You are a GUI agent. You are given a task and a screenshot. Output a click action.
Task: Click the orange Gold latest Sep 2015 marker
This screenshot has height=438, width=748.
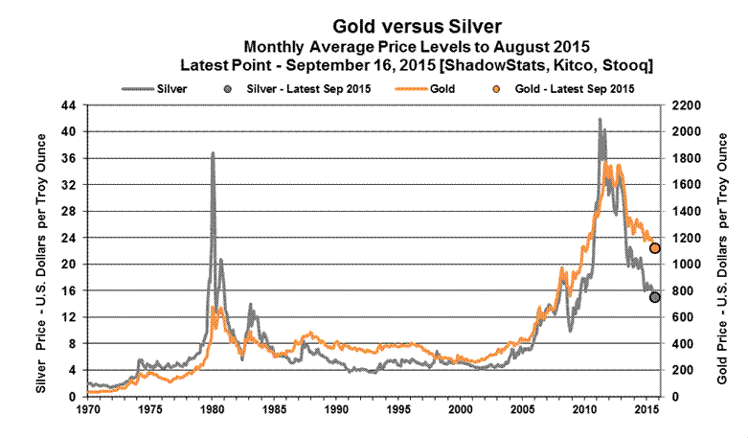pos(655,248)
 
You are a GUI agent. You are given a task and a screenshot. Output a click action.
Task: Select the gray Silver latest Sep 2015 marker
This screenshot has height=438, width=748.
pos(655,297)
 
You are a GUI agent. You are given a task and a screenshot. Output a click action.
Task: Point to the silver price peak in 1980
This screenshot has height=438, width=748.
pos(212,153)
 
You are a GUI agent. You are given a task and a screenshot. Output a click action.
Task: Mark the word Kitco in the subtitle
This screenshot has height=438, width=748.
pos(568,63)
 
